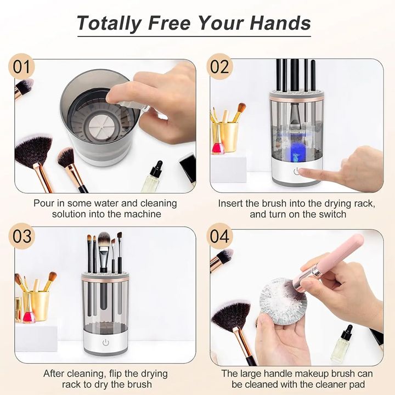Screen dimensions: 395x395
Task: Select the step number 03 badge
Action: tap(22, 238)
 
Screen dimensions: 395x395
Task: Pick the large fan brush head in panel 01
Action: tap(32, 148)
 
